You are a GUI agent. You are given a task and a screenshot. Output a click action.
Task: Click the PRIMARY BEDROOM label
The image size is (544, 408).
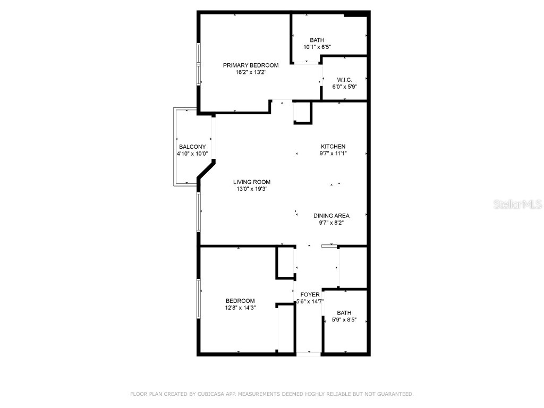pyautogui.click(x=251, y=65)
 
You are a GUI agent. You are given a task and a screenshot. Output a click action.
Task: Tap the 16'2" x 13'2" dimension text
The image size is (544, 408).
pyautogui.click(x=251, y=72)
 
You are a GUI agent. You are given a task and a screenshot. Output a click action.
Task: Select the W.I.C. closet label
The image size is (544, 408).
pyautogui.click(x=345, y=80)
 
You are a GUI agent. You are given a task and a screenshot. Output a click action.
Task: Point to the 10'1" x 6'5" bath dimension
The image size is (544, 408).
pyautogui.click(x=317, y=47)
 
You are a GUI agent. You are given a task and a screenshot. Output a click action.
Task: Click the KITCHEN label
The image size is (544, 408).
pyautogui.click(x=333, y=147)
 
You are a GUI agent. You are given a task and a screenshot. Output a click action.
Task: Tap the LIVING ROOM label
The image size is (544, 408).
pyautogui.click(x=252, y=182)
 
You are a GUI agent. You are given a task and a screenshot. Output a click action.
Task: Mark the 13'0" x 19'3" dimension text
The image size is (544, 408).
pyautogui.click(x=252, y=189)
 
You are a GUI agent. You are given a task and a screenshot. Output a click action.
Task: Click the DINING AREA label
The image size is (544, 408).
pyautogui.click(x=331, y=216)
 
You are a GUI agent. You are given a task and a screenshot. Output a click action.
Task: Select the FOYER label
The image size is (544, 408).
pyautogui.click(x=310, y=294)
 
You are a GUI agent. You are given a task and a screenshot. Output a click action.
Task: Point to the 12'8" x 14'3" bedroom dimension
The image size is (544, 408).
pyautogui.click(x=240, y=308)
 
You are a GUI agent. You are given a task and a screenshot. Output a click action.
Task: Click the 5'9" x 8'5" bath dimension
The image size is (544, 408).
pyautogui.click(x=344, y=320)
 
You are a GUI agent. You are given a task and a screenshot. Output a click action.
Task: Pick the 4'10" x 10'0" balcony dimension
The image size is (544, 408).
pyautogui.click(x=192, y=154)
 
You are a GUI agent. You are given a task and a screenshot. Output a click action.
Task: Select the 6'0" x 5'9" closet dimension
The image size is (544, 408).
pyautogui.click(x=345, y=87)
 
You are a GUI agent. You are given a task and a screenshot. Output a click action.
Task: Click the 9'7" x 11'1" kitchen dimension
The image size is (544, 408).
pyautogui.click(x=333, y=154)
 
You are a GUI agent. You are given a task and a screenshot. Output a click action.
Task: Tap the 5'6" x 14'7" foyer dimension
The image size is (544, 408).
pyautogui.click(x=310, y=301)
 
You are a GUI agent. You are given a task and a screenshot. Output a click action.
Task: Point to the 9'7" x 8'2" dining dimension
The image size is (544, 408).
pyautogui.click(x=331, y=223)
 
